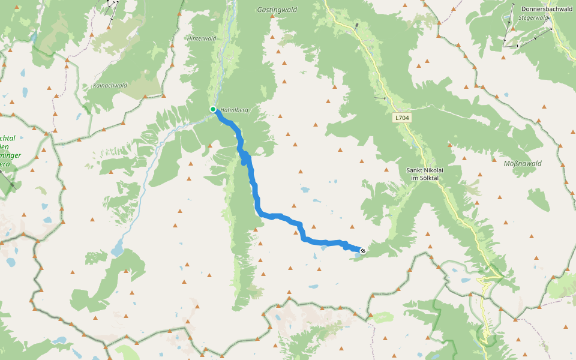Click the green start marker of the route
(x=213, y=109)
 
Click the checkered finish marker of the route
(x=363, y=250)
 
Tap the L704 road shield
(x=403, y=118)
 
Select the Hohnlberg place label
(x=235, y=110)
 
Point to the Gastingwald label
(x=277, y=10)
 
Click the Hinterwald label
(x=201, y=38)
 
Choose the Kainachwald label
(x=110, y=86)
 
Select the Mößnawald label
(x=523, y=163)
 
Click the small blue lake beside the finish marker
(x=358, y=255)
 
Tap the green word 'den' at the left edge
(x=4, y=147)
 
